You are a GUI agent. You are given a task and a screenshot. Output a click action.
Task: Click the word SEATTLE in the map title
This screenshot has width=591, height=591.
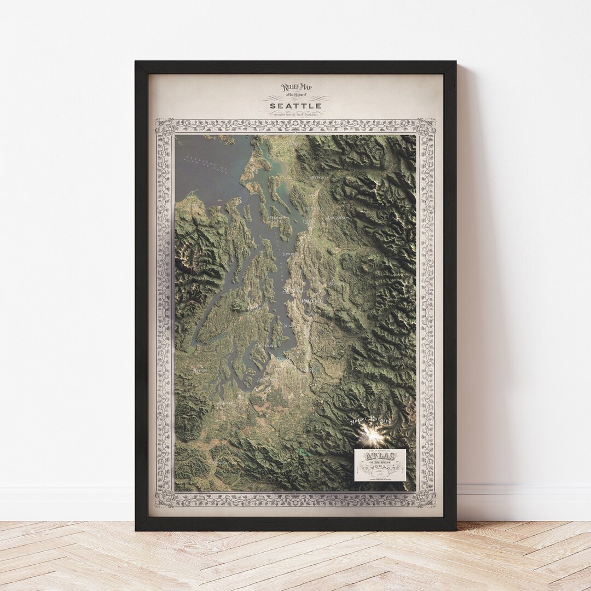(x=296, y=105)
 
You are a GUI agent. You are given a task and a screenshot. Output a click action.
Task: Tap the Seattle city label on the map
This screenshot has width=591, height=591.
(x=293, y=289)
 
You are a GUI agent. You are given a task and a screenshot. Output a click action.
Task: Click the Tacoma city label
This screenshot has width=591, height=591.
(x=284, y=360)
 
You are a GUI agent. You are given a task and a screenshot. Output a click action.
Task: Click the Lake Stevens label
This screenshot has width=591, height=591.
(x=338, y=218)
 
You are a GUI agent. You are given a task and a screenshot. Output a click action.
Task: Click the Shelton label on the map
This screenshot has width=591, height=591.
(x=200, y=370)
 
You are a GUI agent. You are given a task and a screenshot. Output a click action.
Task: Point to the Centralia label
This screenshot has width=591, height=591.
(x=221, y=462)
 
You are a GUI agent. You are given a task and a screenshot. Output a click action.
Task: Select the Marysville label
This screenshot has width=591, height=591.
(x=315, y=208)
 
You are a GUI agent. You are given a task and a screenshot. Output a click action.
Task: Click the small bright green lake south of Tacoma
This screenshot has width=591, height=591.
(x=304, y=452)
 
